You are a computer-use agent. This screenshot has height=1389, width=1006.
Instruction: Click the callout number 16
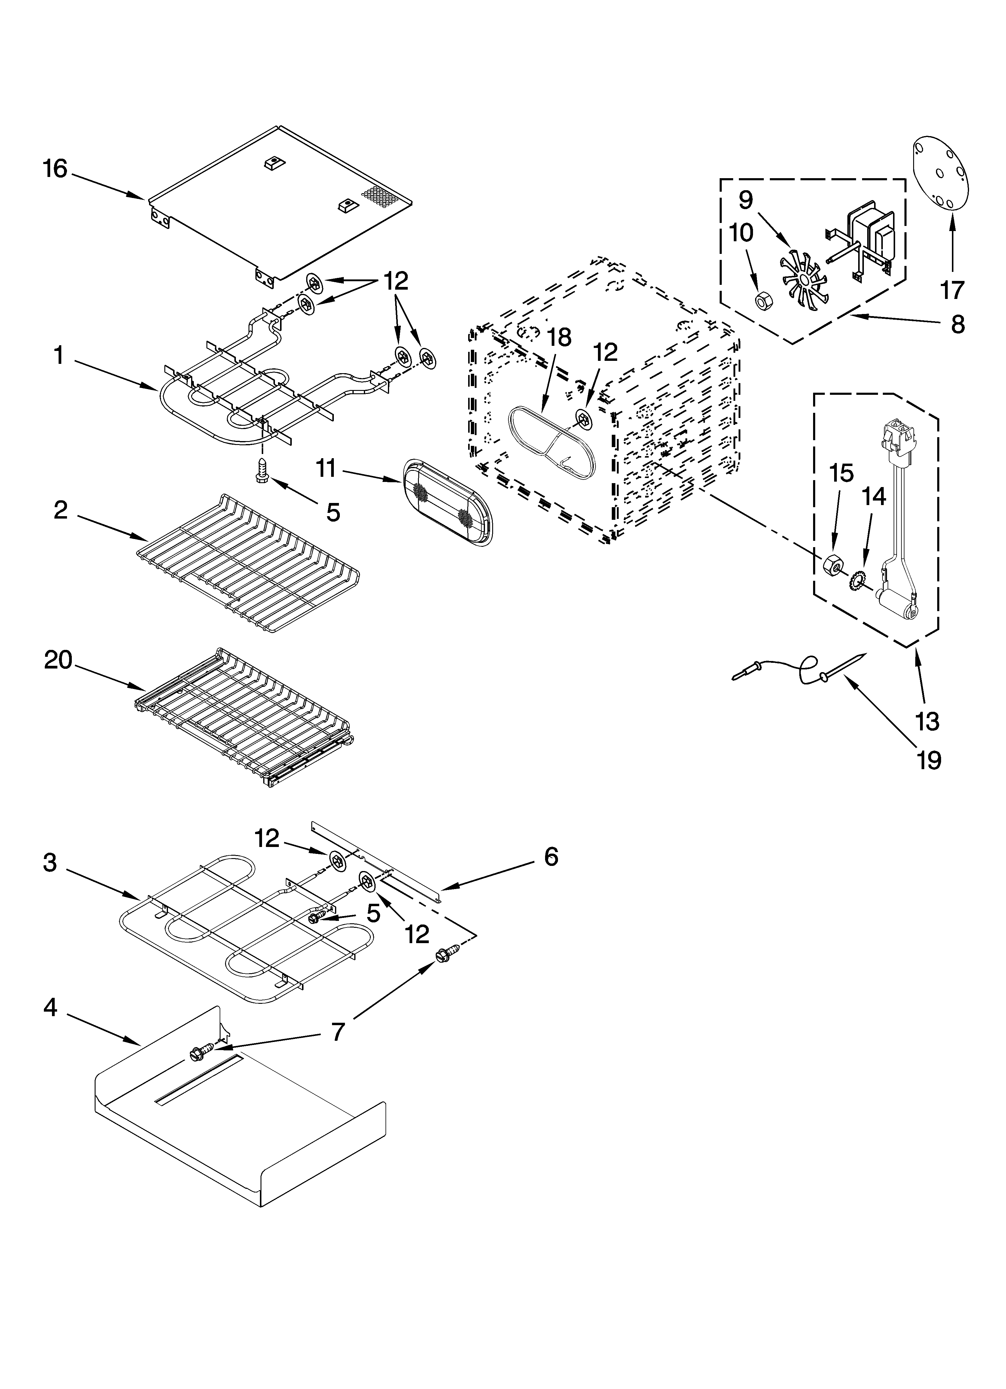click(55, 169)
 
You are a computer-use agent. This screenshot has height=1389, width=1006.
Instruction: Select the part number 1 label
click(59, 355)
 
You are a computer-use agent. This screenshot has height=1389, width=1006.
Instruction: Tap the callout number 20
click(58, 660)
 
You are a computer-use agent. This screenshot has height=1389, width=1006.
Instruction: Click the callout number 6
click(551, 856)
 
